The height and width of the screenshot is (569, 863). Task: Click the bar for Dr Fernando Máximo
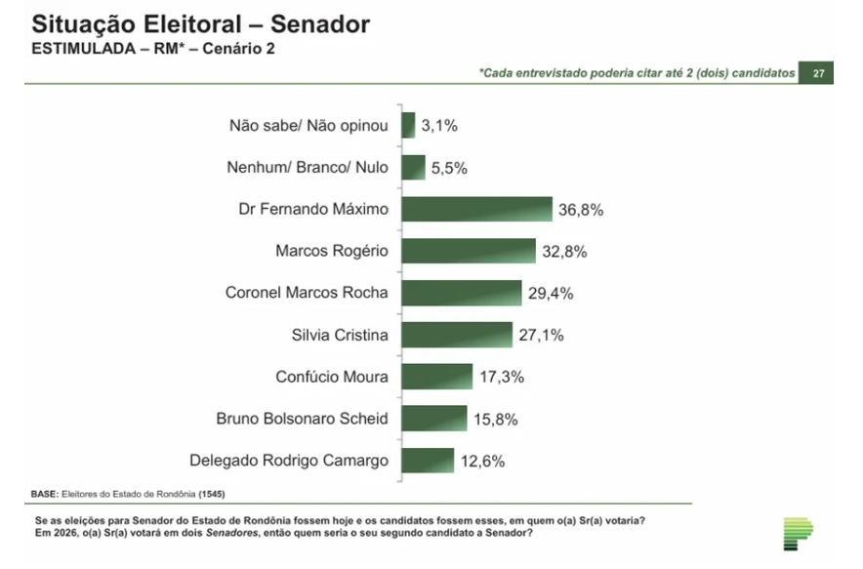476,210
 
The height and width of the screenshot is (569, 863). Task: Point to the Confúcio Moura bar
436,377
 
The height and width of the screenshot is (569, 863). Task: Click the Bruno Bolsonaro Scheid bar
433,419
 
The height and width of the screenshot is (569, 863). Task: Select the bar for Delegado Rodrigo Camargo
427,461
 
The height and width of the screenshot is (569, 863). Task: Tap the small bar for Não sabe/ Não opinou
408,126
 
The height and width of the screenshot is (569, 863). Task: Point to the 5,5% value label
449,168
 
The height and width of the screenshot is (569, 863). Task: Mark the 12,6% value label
485,461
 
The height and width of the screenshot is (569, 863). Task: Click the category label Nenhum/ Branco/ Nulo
308,168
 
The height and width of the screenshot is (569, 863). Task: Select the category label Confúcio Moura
331,377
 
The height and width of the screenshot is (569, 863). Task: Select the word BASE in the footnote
45,493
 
